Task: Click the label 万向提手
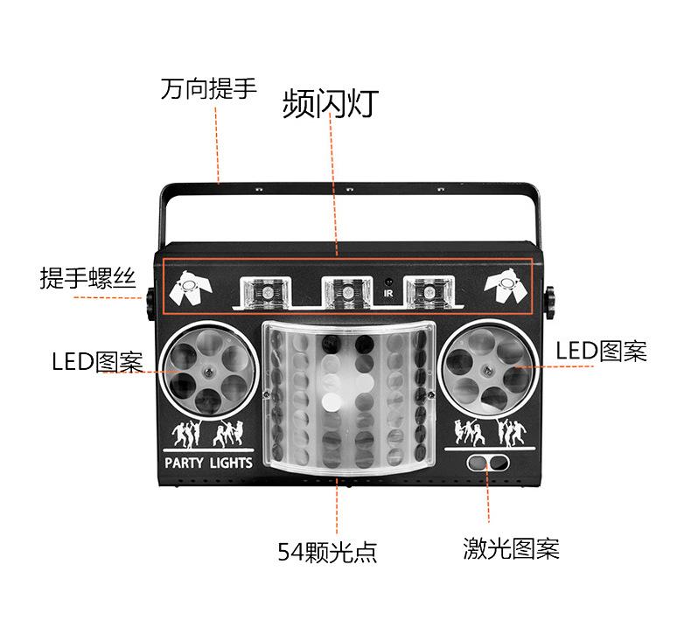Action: (208, 89)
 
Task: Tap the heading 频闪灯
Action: (330, 103)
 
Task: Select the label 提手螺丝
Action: (87, 279)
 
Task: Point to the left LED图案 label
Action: (97, 360)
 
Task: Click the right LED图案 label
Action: (602, 352)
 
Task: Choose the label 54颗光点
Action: (327, 552)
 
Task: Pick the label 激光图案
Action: (511, 549)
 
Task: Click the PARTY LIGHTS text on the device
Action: (208, 462)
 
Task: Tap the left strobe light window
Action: (262, 290)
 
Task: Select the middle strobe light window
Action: (345, 290)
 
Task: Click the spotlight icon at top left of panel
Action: (187, 289)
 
